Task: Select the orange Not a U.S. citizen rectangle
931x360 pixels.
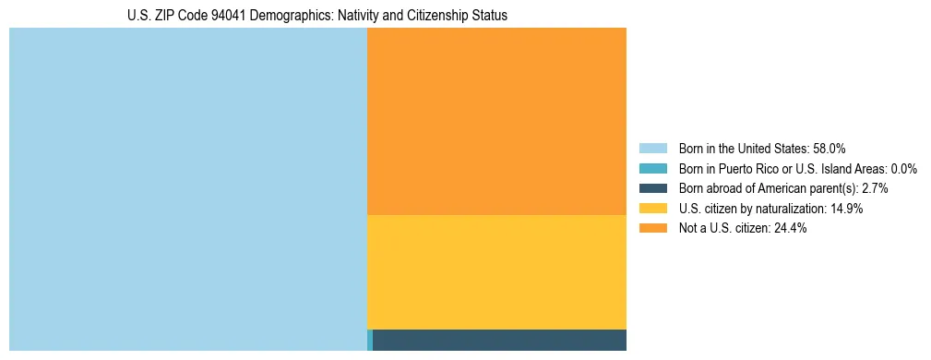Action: click(496, 121)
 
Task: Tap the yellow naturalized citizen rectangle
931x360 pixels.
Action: click(496, 271)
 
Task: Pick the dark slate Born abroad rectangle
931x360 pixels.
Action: click(499, 340)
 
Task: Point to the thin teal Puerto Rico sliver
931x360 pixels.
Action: click(370, 340)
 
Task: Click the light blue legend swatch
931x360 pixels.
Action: click(653, 149)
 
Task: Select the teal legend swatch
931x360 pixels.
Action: click(653, 169)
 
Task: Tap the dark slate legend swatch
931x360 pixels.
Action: click(653, 188)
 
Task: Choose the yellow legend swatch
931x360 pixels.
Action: click(653, 209)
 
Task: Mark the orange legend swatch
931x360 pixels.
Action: click(653, 228)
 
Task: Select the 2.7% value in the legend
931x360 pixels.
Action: click(875, 188)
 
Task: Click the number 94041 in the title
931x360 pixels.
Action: click(224, 17)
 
